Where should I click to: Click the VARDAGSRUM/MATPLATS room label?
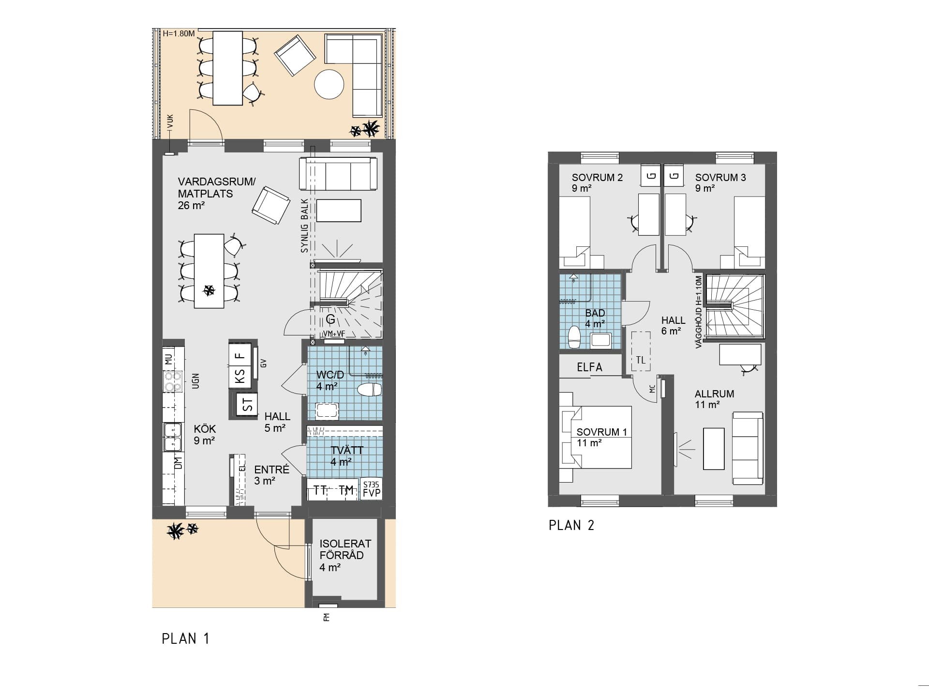(217, 194)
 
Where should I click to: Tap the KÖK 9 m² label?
(205, 435)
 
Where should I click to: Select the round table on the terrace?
(329, 84)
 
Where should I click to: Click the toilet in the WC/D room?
(370, 389)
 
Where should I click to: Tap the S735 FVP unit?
(372, 489)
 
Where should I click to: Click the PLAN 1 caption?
(185, 639)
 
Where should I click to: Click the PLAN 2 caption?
(571, 525)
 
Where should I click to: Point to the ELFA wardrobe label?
(589, 367)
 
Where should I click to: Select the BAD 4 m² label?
(595, 318)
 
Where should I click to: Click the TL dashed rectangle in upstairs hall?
(641, 351)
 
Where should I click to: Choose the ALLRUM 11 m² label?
(715, 399)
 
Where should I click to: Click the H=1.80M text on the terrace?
(179, 34)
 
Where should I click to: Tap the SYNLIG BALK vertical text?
(304, 226)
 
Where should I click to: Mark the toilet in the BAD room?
(574, 337)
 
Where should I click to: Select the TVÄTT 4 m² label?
(346, 456)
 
